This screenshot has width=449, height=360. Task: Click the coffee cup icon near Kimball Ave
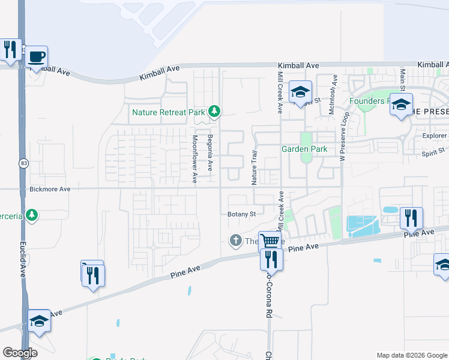coord(37,56)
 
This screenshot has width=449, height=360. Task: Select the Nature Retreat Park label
coord(169,112)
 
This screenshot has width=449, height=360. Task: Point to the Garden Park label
coord(305,149)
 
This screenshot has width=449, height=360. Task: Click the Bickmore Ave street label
coord(50,189)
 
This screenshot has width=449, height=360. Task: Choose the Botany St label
coord(242,214)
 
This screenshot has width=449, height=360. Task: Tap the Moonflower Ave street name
coord(194,159)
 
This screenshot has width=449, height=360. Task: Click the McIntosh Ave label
coord(334,94)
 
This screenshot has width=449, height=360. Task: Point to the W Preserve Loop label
coord(344,136)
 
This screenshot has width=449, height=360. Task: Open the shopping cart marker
coord(270,241)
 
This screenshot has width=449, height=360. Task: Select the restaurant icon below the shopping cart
coord(271,259)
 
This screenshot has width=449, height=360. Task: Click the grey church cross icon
coord(235,241)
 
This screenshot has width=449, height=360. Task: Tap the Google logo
coord(20,353)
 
